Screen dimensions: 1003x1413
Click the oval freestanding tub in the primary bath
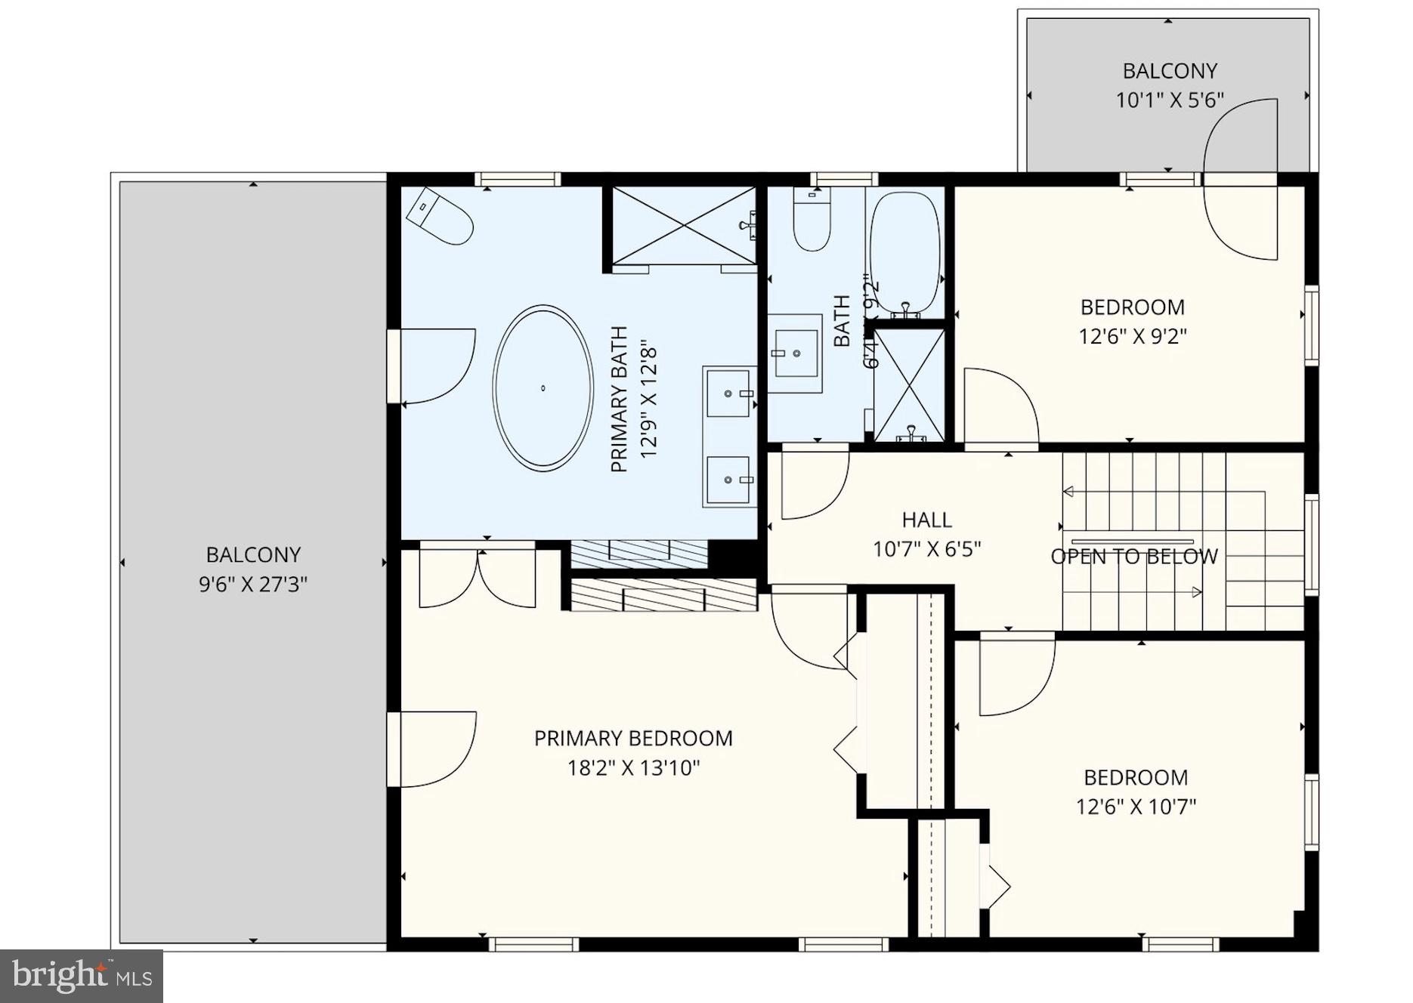[543, 388]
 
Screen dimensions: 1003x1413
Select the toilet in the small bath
[812, 220]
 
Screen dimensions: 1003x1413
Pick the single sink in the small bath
[796, 353]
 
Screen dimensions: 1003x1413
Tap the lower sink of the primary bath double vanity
[730, 480]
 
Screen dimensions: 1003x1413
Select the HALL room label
[926, 520]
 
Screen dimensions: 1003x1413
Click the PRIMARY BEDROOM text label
[633, 738]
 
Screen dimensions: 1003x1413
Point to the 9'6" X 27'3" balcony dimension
[253, 584]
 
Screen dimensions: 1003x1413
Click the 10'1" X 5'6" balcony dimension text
[1169, 100]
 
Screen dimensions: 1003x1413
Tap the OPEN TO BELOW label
[1134, 557]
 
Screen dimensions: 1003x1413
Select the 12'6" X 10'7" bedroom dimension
[1136, 807]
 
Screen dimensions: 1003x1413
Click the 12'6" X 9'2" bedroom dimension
[1132, 336]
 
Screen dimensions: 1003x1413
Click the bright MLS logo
[82, 976]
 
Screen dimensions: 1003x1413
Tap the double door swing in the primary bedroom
[478, 579]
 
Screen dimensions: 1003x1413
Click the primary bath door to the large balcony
[434, 366]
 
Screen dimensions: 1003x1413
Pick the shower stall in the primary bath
[683, 225]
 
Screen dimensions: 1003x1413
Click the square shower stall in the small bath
[909, 384]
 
